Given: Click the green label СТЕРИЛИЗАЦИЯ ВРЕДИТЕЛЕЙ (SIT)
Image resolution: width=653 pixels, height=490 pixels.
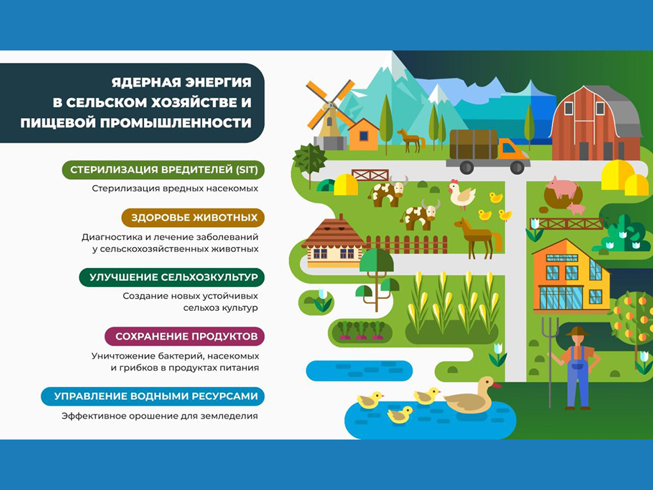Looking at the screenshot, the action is tap(163, 170).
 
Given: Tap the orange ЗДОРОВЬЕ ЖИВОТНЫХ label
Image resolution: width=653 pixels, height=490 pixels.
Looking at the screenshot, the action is tap(193, 218).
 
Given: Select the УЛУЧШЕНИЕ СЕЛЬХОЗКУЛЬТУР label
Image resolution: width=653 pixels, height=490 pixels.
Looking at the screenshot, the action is tap(172, 278).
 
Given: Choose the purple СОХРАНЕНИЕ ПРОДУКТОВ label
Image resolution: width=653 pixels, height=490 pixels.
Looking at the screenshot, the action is tap(184, 337).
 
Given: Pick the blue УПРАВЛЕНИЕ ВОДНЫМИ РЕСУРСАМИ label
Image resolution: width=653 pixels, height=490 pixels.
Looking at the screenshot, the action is tap(153, 396).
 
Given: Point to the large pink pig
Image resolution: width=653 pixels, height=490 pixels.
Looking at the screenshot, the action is tap(564, 187).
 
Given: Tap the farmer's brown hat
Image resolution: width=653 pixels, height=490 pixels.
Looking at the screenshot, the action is tap(577, 332).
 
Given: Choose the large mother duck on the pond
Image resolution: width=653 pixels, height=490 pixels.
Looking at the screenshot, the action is tap(471, 396).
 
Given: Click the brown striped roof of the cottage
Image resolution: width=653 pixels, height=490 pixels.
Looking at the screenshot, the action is tap(332, 234).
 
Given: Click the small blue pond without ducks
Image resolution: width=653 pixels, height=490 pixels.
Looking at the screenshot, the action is tap(359, 371).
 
